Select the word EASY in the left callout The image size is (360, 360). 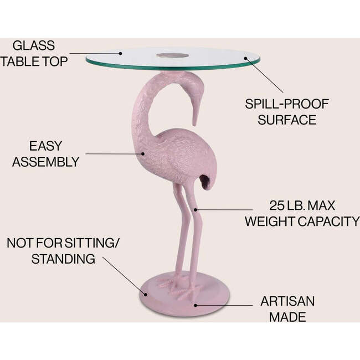pos(45,147)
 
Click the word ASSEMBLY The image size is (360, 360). pos(45,162)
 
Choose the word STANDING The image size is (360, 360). pos(63,258)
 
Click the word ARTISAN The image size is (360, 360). pos(287,302)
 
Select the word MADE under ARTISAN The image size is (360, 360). pos(287,317)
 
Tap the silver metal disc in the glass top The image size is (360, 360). pos(171,55)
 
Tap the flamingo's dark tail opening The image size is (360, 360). pos(205,180)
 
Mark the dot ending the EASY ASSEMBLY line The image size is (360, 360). pos(139,154)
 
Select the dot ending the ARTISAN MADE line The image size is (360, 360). pos(194,304)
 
